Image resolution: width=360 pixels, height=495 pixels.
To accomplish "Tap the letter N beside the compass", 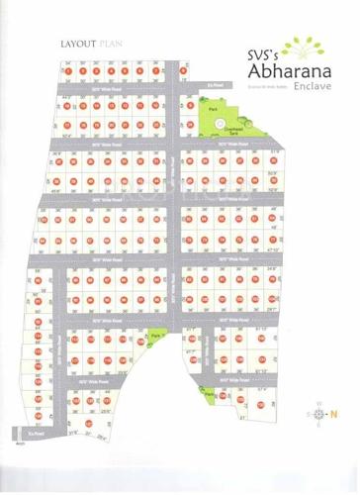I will click(x=333, y=415).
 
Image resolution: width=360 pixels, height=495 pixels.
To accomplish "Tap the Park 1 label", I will click(x=156, y=338).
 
